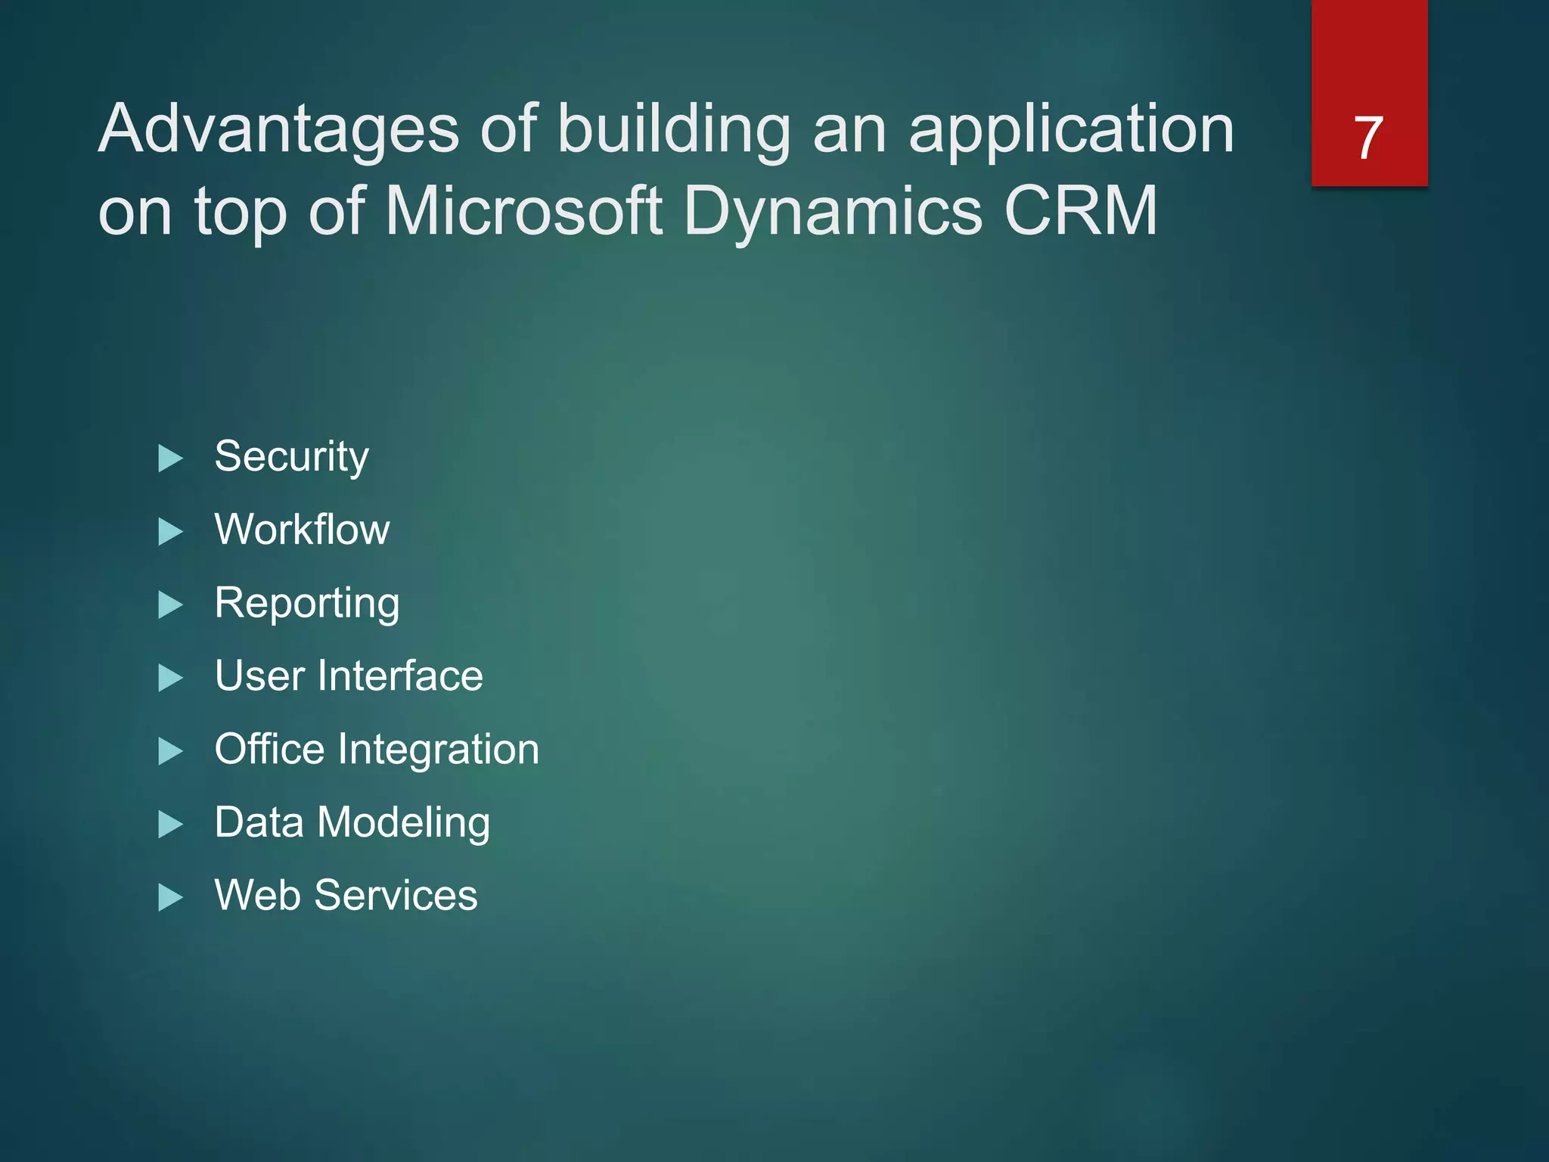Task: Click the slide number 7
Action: click(x=1368, y=138)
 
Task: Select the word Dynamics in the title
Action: click(x=833, y=212)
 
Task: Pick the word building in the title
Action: click(x=674, y=130)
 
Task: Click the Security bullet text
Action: click(x=292, y=457)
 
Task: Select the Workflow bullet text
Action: click(x=302, y=530)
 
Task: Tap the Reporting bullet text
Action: click(x=307, y=604)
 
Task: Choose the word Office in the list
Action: click(x=269, y=749)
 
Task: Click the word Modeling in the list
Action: click(x=403, y=823)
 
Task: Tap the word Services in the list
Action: click(x=396, y=896)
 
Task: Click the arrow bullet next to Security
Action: click(x=171, y=458)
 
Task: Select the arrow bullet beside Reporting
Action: click(x=171, y=605)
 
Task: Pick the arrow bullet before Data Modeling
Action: click(x=171, y=825)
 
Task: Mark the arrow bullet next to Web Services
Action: click(x=171, y=898)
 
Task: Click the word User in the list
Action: click(x=259, y=676)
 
